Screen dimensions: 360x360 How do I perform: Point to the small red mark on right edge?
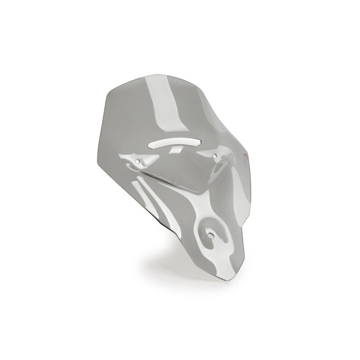pyautogui.click(x=244, y=155)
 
